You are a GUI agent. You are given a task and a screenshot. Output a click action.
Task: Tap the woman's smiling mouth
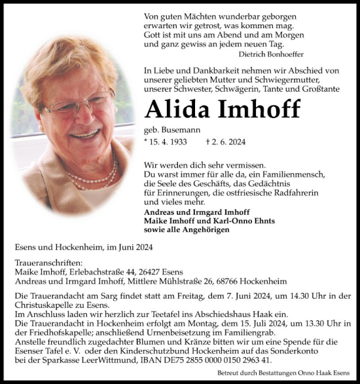click(x=86, y=134)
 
